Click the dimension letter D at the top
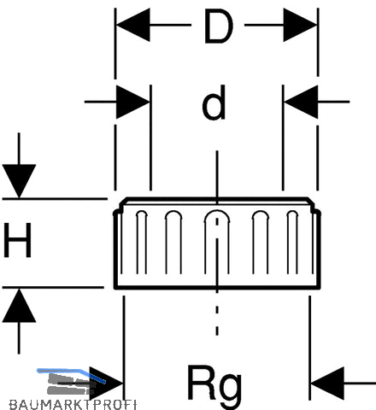coord(219,26)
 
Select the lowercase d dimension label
coord(214,102)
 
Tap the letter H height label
coord(17,240)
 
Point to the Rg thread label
coord(214,383)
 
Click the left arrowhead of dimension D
coord(133,25)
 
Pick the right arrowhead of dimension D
coord(300,25)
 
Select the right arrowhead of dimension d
coord(301,102)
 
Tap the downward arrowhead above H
coord(19,181)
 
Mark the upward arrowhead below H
coord(19,305)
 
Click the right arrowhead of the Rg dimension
coord(327,384)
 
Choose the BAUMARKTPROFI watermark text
coord(73,405)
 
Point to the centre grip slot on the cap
coord(217,242)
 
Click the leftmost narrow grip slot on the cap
coord(142,243)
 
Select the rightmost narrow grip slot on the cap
coord(292,243)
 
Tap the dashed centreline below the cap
coord(217,313)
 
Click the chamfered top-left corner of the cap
coord(123,202)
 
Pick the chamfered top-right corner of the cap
coord(311,202)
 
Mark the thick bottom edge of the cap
coord(217,288)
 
